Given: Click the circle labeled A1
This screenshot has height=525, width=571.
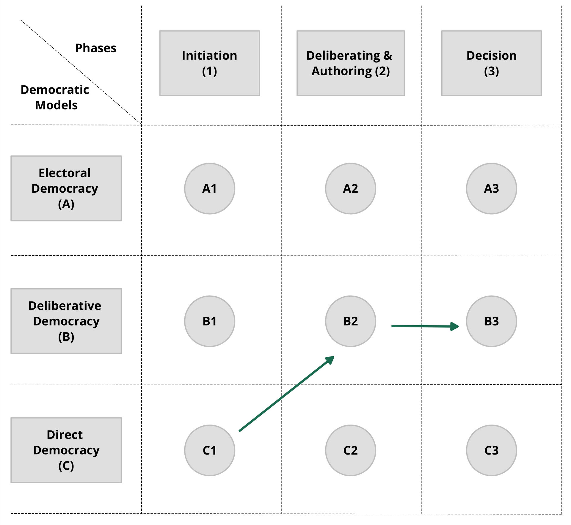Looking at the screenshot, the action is pos(210,188).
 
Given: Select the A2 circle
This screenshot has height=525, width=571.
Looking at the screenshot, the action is pos(351,188).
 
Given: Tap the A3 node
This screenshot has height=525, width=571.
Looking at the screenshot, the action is pos(492,188).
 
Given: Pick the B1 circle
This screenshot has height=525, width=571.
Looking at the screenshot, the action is pos(210,321).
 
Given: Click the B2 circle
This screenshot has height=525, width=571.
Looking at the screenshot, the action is pos(351,321).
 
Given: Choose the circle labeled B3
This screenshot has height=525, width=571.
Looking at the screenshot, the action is pos(492,321).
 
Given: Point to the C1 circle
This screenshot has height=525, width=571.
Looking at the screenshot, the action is pos(210,450).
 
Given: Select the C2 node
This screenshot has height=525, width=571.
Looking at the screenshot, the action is pos(351,450).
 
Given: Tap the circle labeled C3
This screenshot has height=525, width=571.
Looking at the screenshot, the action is pos(492,450).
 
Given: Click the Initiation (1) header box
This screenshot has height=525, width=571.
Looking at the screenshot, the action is pos(210,63).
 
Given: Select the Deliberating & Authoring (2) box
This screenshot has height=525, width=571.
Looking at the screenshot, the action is pos(351,63).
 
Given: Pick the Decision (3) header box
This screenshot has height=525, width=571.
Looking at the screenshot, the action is pos(492,63).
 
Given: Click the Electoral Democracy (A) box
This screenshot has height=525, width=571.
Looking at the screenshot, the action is pos(66,188).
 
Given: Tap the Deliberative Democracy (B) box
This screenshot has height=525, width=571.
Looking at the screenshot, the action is pos(66,321).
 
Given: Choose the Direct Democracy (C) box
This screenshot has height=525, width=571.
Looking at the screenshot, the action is pos(66,450).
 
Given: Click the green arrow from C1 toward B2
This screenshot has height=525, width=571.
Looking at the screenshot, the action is pos(287,394).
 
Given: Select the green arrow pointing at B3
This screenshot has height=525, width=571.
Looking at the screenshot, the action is pos(425,326).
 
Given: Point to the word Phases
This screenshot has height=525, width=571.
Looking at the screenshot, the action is pos(96,48).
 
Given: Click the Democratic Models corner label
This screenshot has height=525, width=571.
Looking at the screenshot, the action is pos(55,97).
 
